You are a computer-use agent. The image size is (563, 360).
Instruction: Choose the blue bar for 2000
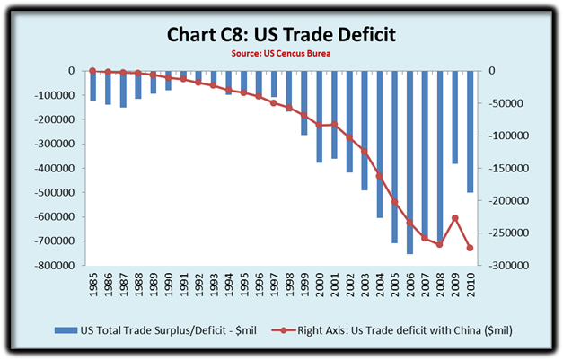click(x=319, y=117)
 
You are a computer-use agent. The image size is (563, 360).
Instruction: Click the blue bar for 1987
click(x=122, y=89)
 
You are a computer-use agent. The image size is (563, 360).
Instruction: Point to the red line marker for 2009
click(x=455, y=218)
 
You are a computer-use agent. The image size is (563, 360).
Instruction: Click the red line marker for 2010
click(x=471, y=248)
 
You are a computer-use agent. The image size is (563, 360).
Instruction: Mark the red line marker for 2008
click(x=440, y=244)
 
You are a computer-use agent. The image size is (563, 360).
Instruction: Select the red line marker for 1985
click(x=92, y=71)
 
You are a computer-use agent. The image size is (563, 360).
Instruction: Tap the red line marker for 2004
click(x=379, y=175)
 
